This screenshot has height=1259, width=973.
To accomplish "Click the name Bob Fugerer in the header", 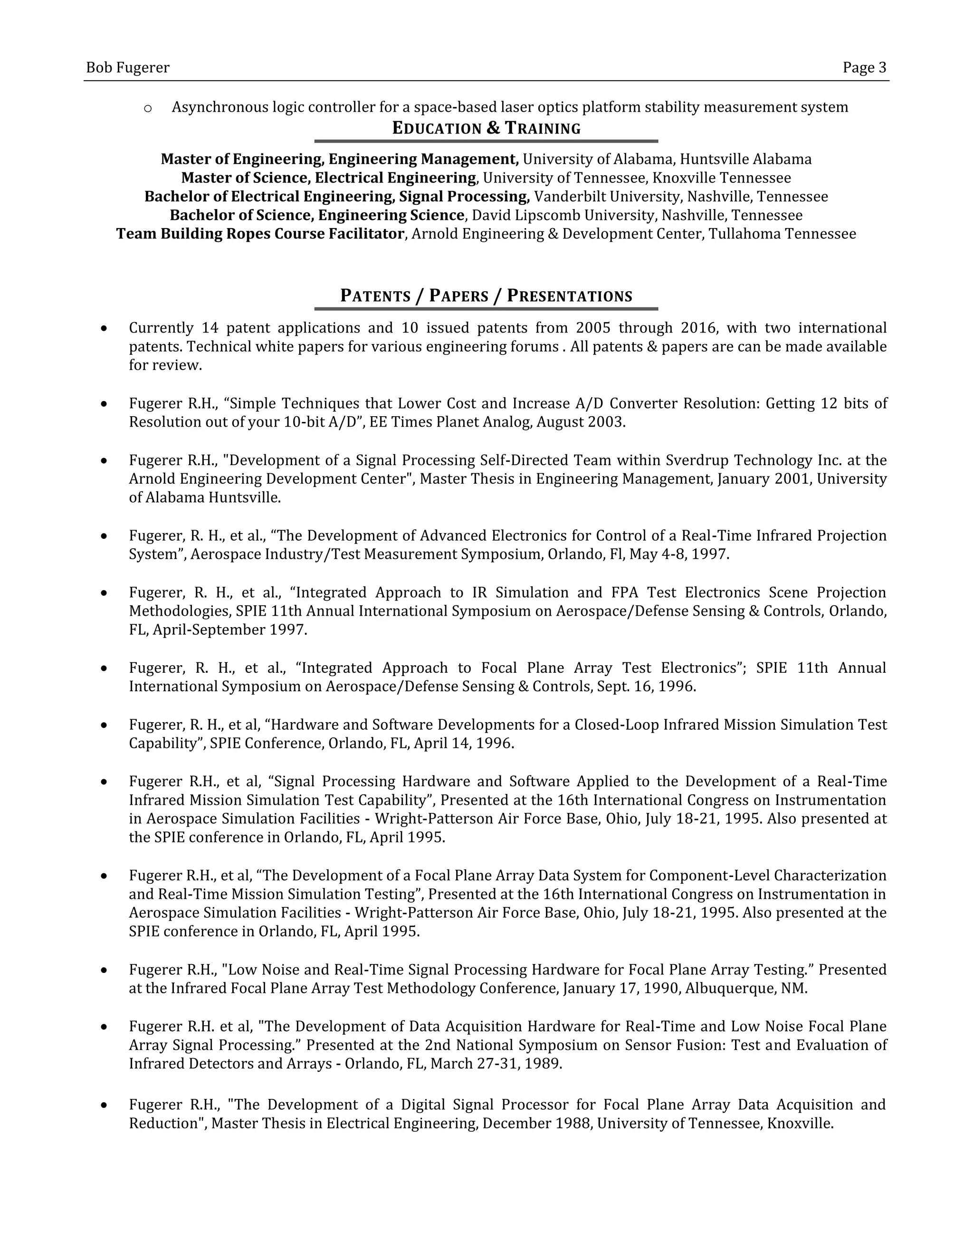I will point(127,68).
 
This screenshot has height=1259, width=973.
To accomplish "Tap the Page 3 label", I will point(864,68).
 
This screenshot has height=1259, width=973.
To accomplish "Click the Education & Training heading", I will point(486,128).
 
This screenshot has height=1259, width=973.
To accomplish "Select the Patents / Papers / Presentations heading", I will point(486,296).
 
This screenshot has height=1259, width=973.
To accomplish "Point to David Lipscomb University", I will point(563,215).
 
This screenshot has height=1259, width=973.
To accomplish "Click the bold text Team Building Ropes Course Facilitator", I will point(260,233).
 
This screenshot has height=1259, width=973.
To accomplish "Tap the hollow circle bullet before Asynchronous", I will point(148,108).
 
